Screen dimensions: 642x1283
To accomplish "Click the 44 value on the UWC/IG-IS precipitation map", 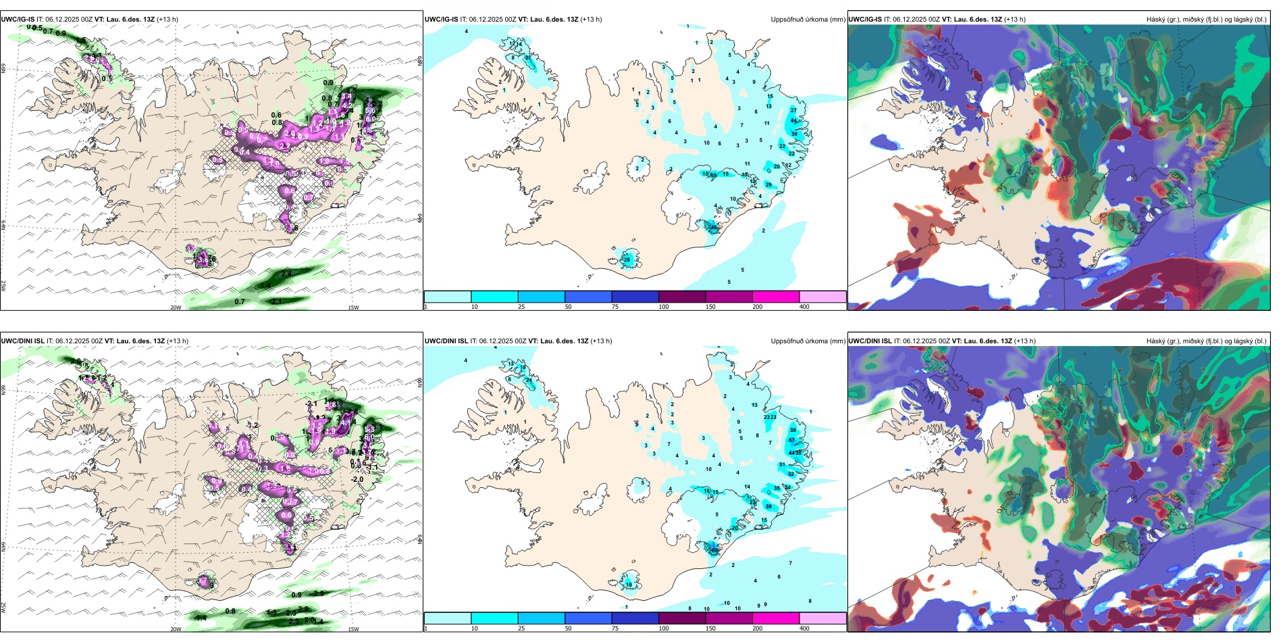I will (793, 121).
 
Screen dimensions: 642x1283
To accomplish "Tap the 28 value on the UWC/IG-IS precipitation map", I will (627, 260).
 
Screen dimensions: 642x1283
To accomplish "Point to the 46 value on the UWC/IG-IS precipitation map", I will (714, 228).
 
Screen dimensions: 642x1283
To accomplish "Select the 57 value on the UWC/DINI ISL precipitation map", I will (792, 441).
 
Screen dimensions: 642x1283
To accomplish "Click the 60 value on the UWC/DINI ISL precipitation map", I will (714, 550).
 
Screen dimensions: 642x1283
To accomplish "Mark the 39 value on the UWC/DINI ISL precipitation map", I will (768, 506).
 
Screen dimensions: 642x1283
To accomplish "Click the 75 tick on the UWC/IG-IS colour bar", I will (614, 307).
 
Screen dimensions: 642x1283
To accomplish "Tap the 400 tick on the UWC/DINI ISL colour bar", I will (804, 628).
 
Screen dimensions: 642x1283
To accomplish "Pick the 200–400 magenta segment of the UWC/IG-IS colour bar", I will (776, 297).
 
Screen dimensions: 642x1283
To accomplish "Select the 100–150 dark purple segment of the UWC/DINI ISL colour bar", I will (682, 618).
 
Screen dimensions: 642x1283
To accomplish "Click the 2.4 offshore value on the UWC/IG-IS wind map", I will (286, 274).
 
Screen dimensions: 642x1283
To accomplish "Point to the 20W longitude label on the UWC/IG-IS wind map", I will (176, 307).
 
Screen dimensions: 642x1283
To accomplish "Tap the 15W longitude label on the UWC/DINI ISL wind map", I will (353, 629).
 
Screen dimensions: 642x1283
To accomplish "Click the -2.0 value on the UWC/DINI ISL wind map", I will (357, 479).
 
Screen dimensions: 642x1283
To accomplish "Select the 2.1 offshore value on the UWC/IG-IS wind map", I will (276, 301).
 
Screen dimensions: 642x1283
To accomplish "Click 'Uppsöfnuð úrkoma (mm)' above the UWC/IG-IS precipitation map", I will (808, 20).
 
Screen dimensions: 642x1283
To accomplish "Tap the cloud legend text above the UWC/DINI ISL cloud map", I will (1206, 341).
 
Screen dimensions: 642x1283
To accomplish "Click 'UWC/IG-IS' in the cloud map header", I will (865, 20).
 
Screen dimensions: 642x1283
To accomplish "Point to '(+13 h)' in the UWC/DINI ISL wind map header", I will (178, 341).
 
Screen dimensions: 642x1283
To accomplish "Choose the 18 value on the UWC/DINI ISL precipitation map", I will (523, 368).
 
